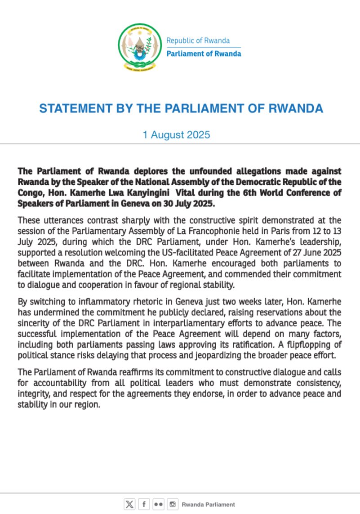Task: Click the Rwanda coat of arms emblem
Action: pyautogui.click(x=139, y=47)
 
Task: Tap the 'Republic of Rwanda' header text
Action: pyautogui.click(x=198, y=40)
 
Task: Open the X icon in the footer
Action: pyautogui.click(x=129, y=505)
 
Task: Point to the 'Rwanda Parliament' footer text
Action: pyautogui.click(x=208, y=505)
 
